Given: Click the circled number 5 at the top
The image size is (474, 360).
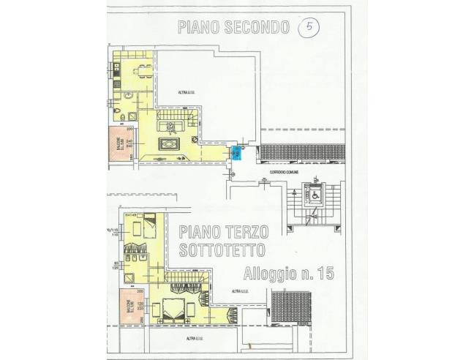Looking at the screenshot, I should click(x=310, y=28).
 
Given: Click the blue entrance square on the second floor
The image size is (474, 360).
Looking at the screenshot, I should click(x=236, y=151).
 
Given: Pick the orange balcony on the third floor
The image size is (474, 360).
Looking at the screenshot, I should click(x=124, y=304).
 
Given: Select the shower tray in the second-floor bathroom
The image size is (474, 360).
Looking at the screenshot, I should click(x=132, y=116).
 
